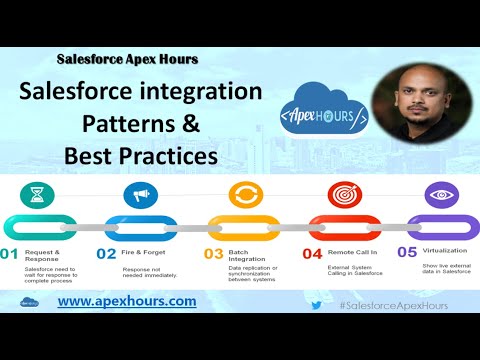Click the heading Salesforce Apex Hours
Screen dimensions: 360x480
(x=127, y=59)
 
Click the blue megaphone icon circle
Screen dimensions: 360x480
(x=140, y=194)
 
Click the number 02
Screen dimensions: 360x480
(x=107, y=254)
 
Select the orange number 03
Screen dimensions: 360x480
(x=213, y=254)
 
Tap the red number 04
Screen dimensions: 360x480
(x=312, y=254)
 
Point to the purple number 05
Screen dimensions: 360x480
(x=405, y=254)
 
